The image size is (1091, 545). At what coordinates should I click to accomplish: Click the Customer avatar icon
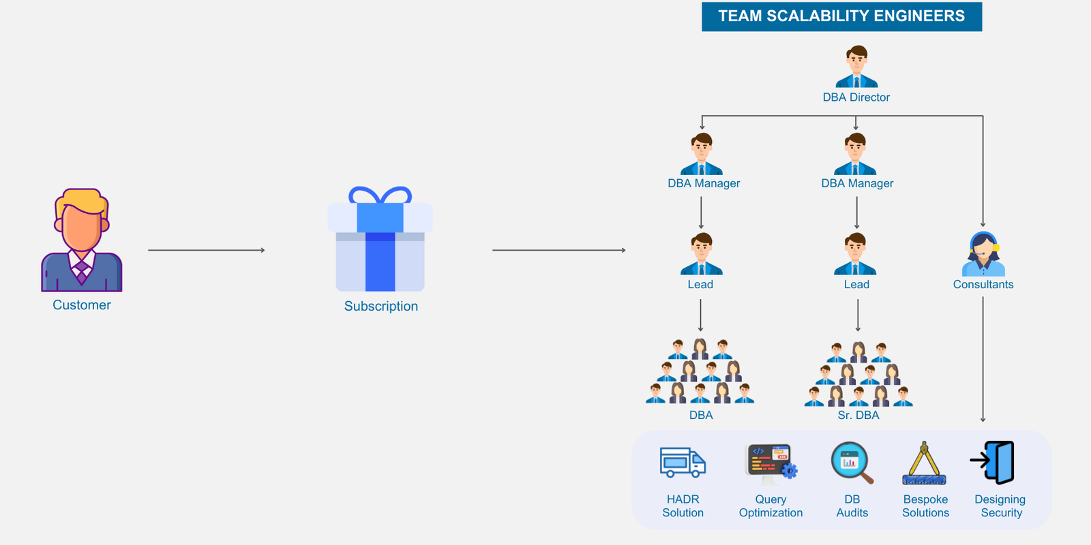[x=82, y=240]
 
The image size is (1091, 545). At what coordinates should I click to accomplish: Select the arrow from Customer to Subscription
[x=206, y=250]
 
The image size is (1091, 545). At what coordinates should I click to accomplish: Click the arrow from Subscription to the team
[x=558, y=250]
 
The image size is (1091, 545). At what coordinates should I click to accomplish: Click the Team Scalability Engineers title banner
[x=841, y=16]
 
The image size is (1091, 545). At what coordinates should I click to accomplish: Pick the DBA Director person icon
[x=856, y=67]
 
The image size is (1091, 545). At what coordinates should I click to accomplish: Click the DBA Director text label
[x=856, y=97]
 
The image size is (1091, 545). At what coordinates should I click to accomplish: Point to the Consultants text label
[x=983, y=285]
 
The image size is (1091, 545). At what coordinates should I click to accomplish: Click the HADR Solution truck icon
[x=683, y=463]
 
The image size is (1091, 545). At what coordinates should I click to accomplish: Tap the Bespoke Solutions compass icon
[x=925, y=463]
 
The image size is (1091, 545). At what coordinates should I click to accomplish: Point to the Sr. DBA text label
[x=858, y=415]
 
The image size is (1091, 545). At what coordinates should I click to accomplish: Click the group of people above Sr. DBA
[x=858, y=375]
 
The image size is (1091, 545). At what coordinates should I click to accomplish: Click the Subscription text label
[x=381, y=307]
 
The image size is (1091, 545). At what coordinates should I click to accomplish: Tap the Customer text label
[x=82, y=305]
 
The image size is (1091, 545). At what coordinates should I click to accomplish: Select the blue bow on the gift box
[x=380, y=196]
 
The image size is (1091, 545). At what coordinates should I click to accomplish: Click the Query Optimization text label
[x=771, y=506]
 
